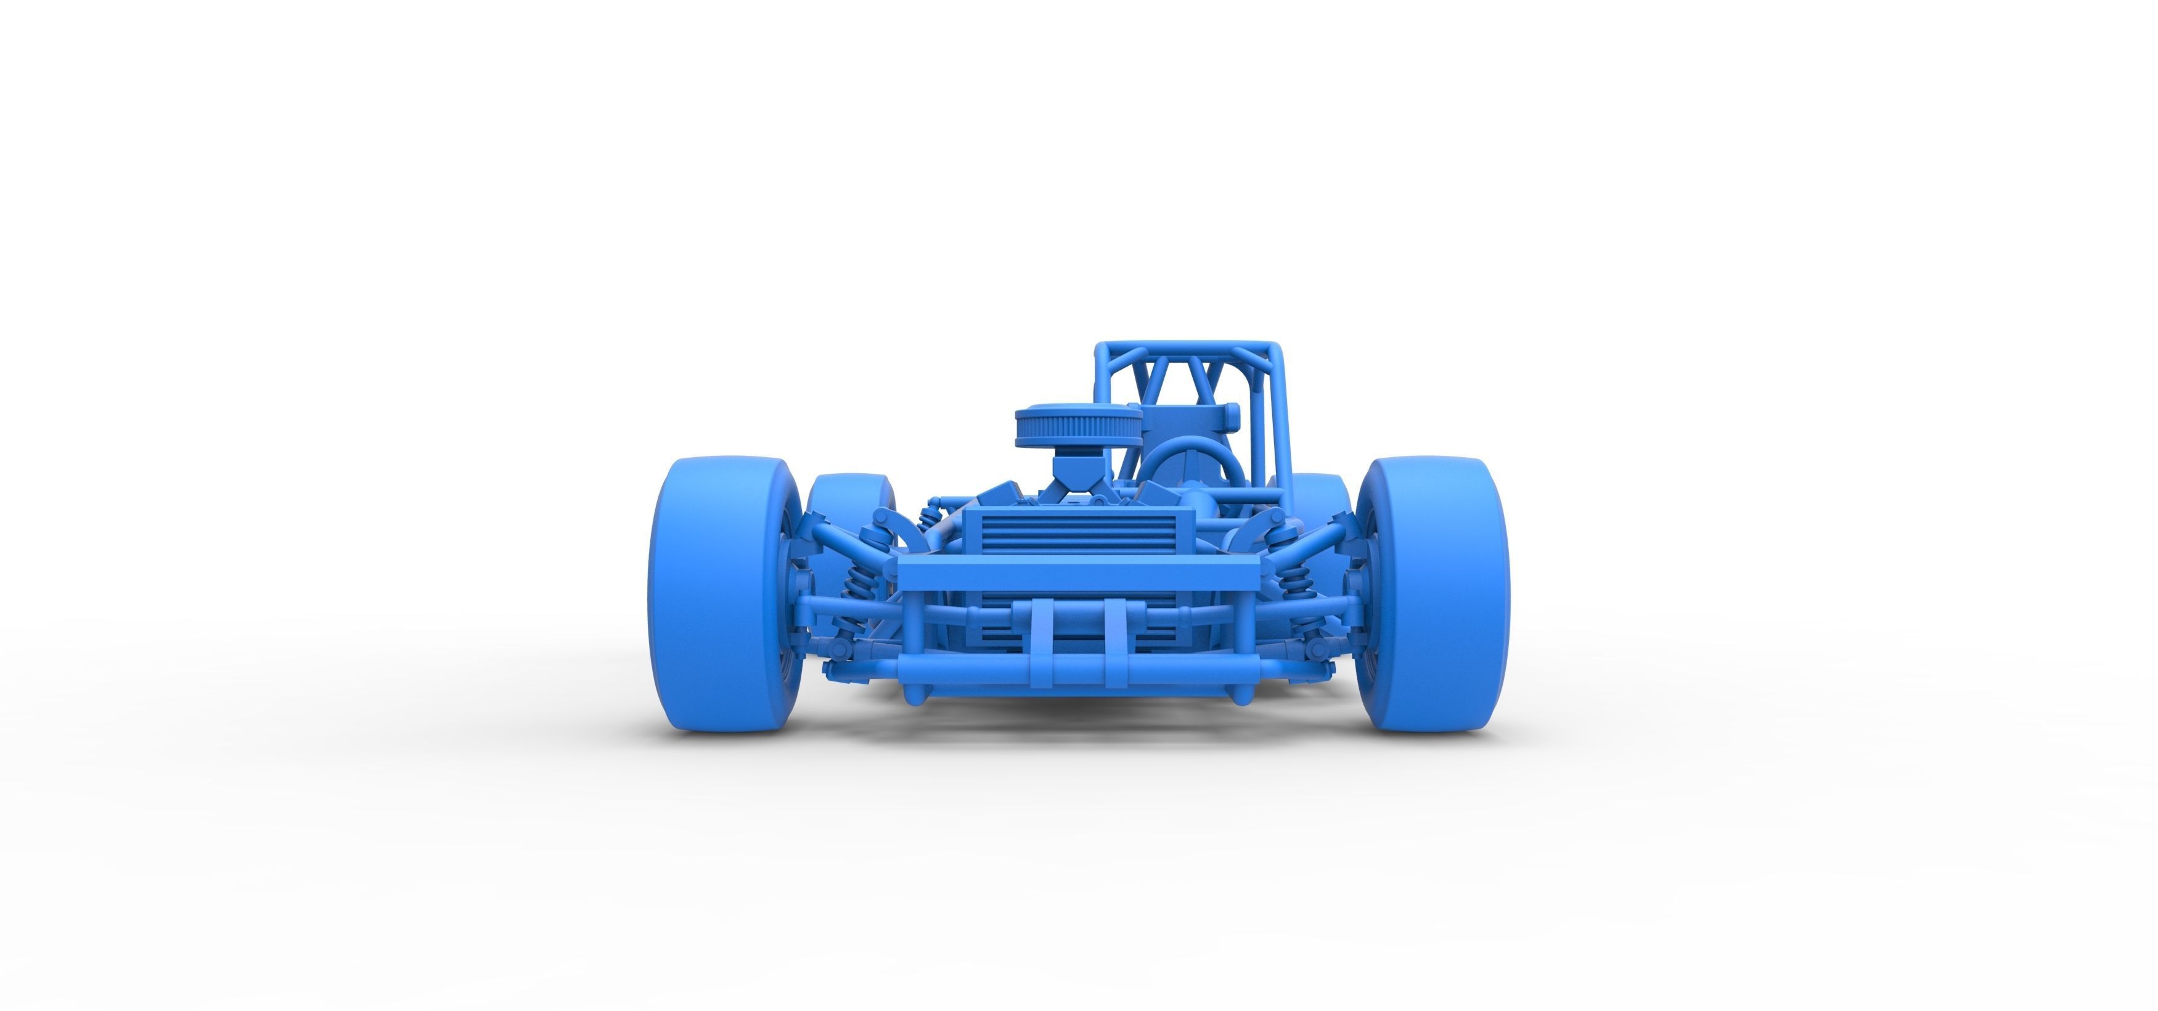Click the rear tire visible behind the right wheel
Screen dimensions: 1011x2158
pyautogui.click(x=1320, y=494)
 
